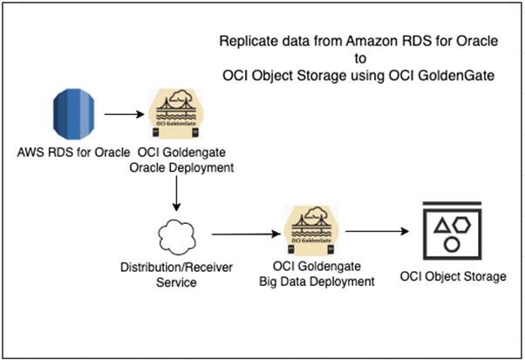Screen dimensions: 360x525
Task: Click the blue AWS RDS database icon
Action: (72, 114)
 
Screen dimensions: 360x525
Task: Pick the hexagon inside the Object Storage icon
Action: (461, 224)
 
